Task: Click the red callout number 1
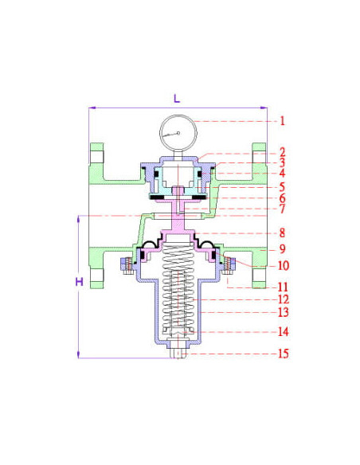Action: click(282, 121)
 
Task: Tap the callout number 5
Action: click(282, 187)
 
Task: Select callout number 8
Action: click(282, 232)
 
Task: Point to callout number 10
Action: click(284, 265)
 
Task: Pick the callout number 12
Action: click(284, 299)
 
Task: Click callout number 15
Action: click(284, 354)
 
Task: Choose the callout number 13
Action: click(284, 312)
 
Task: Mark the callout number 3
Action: click(282, 162)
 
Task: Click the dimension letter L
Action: click(177, 99)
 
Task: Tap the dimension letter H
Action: click(79, 282)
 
